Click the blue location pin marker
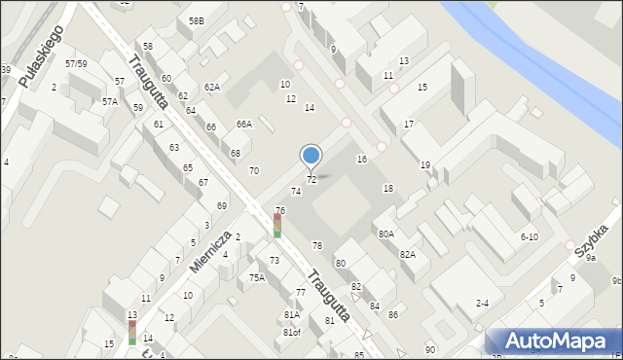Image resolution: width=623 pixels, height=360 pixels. pyautogui.click(x=311, y=156)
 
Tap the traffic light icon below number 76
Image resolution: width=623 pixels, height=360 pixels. pyautogui.click(x=277, y=227)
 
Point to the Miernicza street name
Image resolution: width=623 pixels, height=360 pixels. pyautogui.click(x=210, y=251)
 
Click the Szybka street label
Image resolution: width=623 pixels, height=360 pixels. pyautogui.click(x=591, y=239)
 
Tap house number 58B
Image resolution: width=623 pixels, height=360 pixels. pyautogui.click(x=197, y=20)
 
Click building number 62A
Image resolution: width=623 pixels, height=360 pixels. pyautogui.click(x=211, y=88)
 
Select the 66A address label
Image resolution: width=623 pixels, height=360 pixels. pyautogui.click(x=244, y=124)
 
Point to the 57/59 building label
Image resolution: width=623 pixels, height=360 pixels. pyautogui.click(x=76, y=63)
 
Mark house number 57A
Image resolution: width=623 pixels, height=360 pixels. pyautogui.click(x=110, y=101)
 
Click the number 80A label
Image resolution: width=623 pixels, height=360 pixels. pyautogui.click(x=386, y=234)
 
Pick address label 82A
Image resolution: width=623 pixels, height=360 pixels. pyautogui.click(x=408, y=254)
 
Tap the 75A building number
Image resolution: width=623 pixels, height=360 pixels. pyautogui.click(x=256, y=277)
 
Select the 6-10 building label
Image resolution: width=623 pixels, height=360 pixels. pyautogui.click(x=530, y=236)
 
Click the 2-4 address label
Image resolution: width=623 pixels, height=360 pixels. pyautogui.click(x=482, y=304)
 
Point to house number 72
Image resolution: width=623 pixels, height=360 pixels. pyautogui.click(x=311, y=180)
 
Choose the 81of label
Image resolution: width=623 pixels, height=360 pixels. pyautogui.click(x=292, y=333)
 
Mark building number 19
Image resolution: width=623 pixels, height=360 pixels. pyautogui.click(x=424, y=165)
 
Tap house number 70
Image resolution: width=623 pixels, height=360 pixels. pyautogui.click(x=254, y=170)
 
